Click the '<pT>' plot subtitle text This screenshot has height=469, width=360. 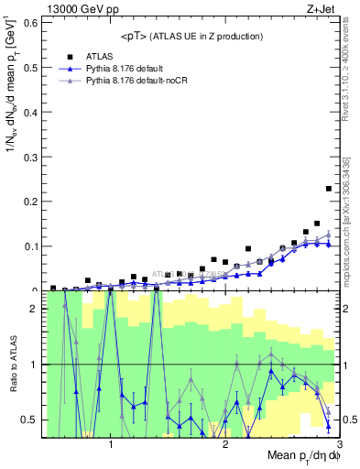tap(140, 37)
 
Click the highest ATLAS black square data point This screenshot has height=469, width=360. tap(328, 189)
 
